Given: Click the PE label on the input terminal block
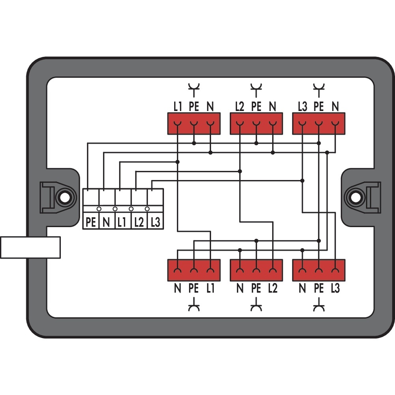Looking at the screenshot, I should (91, 222).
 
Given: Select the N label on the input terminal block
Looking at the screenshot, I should (106, 222).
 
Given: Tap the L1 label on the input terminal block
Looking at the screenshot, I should (122, 222).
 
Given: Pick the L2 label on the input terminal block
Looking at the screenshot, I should (138, 222).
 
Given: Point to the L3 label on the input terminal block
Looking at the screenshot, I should (155, 222).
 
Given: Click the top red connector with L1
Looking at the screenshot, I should (194, 124).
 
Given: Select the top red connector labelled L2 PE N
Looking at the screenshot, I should (256, 124).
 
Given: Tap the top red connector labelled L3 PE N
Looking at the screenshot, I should (318, 124).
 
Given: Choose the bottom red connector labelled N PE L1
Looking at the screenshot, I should (194, 270).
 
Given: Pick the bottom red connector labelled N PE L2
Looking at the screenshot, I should (256, 270).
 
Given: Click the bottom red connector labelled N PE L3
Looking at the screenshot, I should (318, 270).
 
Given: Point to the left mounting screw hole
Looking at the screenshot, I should (63, 197).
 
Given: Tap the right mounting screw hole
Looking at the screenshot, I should (355, 197).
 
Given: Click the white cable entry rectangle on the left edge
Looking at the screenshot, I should (30, 247).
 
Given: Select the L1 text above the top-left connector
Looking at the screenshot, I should (177, 106).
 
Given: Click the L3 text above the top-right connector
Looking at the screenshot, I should (302, 106).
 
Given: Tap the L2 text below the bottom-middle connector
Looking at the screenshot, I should (272, 289).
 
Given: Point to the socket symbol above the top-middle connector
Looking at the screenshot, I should (256, 90).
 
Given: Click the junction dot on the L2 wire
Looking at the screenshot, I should (240, 171).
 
